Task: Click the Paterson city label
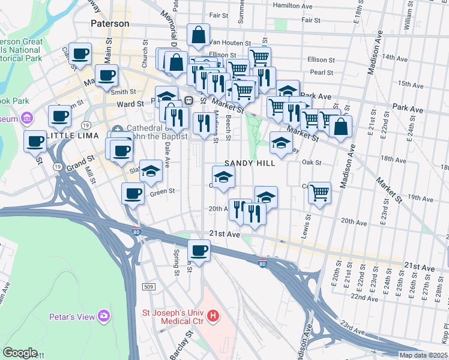coord(110,23)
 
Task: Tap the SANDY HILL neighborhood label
coord(250,163)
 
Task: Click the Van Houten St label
coord(230,43)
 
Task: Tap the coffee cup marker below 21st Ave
coord(199,250)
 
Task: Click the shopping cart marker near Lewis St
coord(319,193)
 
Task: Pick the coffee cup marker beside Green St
coord(133,193)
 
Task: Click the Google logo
coord(20,353)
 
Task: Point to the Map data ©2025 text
coord(423,355)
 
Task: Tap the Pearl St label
coord(322,72)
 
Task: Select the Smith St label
coord(122,92)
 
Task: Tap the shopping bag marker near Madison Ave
coord(340,127)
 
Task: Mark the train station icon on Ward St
coord(188,101)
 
